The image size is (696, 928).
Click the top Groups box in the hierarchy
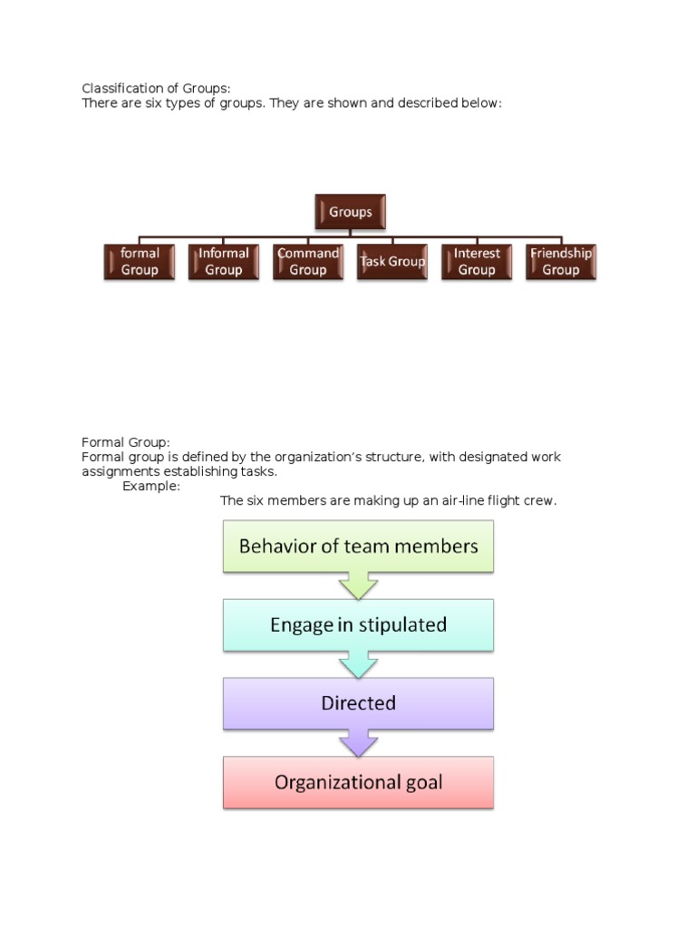click(351, 212)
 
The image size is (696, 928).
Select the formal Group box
click(140, 262)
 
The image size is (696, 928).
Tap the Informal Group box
click(224, 262)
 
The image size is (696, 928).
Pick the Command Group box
click(308, 262)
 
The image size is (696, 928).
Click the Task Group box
click(392, 262)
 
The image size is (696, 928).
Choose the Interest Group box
click(477, 262)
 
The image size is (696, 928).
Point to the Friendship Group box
click(561, 262)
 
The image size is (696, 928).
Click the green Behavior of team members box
click(358, 546)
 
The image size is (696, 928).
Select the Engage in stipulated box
click(358, 624)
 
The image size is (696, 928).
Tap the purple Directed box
click(358, 703)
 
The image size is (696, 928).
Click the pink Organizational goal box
click(358, 782)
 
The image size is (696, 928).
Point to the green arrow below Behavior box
click(358, 585)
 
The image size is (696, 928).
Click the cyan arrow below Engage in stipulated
click(358, 664)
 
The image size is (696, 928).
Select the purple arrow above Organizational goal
click(358, 743)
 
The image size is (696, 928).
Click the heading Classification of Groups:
click(157, 88)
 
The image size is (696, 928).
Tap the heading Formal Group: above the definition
click(126, 442)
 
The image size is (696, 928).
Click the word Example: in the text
click(151, 486)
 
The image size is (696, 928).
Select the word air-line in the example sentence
click(460, 500)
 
